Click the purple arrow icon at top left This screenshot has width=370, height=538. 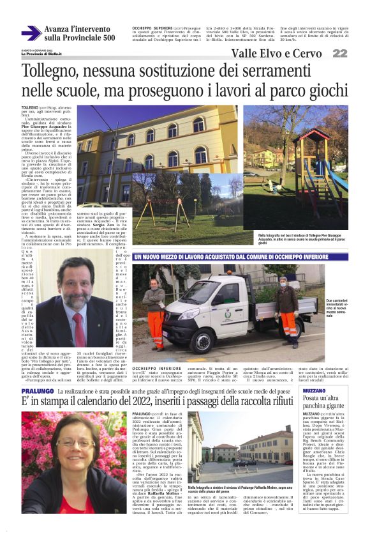pos(31,33)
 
